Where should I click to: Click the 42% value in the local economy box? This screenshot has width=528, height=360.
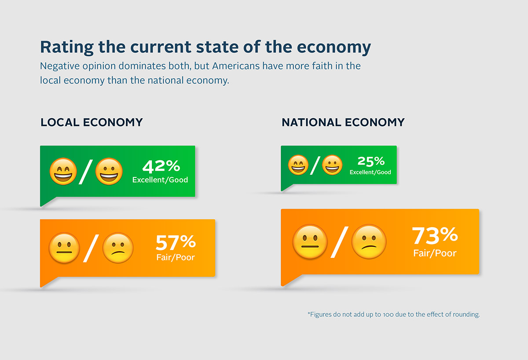coord(161,166)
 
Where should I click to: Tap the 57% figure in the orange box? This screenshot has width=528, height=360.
coord(175,242)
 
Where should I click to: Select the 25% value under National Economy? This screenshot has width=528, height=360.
coord(370,161)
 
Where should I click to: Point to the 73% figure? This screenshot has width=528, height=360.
coord(435,236)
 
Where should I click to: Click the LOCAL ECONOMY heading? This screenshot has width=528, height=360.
coord(92,122)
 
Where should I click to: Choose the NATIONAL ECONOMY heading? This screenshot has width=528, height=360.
coord(343,122)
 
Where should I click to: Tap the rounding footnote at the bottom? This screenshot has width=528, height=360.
coord(393,315)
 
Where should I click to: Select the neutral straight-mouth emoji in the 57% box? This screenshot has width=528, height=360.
coord(64,248)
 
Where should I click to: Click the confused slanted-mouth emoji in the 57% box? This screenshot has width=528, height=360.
coord(117,248)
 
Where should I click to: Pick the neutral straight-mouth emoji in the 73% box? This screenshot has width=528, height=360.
coord(310,242)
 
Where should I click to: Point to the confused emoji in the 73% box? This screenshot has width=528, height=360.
coord(369,242)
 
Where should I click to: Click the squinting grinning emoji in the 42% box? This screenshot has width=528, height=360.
coord(63,172)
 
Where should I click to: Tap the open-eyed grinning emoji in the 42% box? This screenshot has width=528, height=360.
coord(109,172)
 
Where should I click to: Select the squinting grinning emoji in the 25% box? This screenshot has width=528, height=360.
coord(298,165)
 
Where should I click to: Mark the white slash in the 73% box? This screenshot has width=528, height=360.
coord(340,242)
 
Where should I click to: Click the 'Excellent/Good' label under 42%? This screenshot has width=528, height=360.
coord(160,180)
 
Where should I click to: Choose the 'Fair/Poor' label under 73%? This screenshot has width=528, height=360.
coord(435,253)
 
